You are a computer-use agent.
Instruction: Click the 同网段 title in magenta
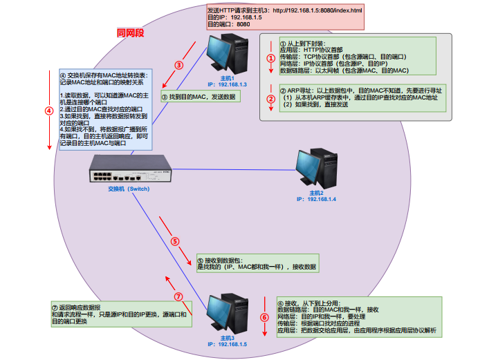[130, 33]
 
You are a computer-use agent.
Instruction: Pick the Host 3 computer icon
[227, 314]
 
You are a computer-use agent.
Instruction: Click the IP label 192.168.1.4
[316, 199]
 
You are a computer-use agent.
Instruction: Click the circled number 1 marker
[271, 59]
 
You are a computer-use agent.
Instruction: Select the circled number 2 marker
[271, 98]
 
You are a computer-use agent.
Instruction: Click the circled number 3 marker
[178, 66]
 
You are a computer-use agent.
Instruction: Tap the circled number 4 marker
[48, 110]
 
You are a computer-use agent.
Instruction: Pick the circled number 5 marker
[175, 242]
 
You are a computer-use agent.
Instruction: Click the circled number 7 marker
[178, 296]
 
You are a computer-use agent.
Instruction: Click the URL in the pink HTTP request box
[317, 11]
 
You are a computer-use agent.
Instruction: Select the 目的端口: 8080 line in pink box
[229, 24]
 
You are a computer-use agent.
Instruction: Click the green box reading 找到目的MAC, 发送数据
[198, 97]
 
